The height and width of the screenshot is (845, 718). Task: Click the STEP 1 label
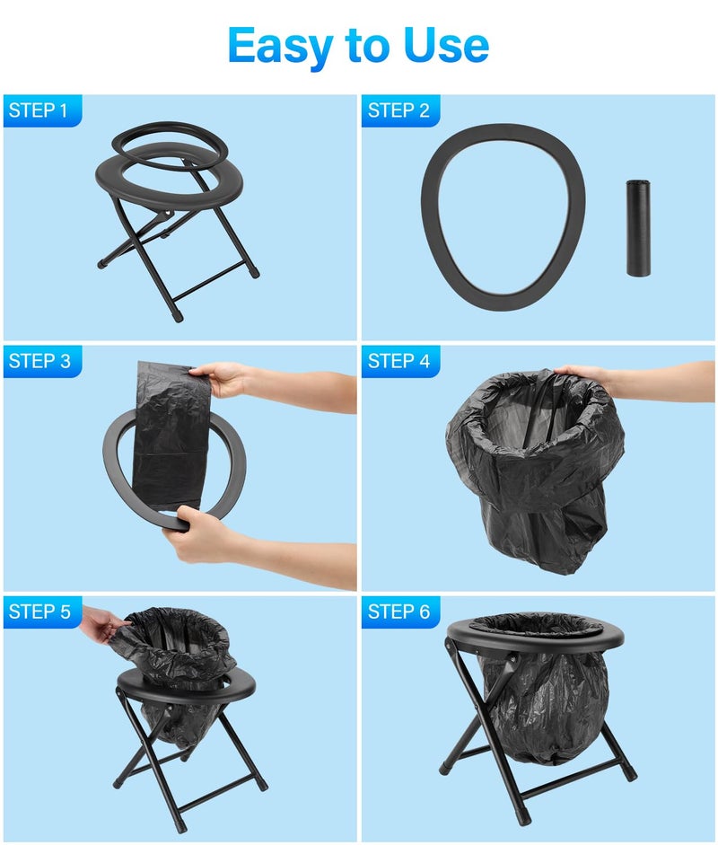click(x=39, y=110)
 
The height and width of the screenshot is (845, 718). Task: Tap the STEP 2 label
click(x=399, y=110)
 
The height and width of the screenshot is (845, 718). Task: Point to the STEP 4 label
click(x=399, y=361)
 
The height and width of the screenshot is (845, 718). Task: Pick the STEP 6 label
click(x=399, y=612)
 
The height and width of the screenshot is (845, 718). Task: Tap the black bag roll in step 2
click(x=637, y=227)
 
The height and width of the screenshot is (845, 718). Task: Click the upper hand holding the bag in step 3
click(x=221, y=380)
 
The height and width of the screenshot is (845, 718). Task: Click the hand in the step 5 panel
click(x=101, y=623)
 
